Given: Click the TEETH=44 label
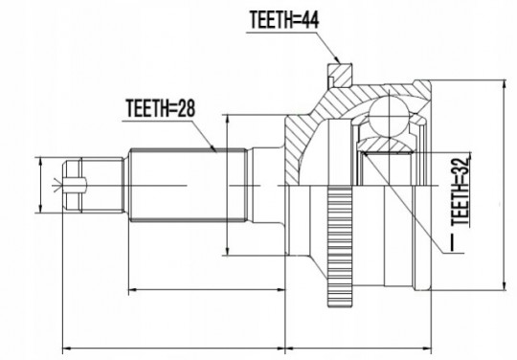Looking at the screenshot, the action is pos(284,20).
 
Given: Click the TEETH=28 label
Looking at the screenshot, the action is pos(161,108).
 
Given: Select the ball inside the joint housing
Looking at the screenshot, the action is pos(389,116).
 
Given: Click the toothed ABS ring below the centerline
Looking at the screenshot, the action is pos(340,247).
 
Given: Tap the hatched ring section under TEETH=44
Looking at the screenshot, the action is pos(341,75).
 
